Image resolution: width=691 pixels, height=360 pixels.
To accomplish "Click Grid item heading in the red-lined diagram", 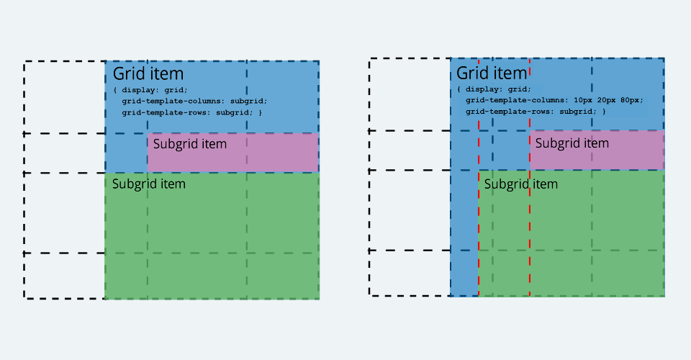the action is point(492,73).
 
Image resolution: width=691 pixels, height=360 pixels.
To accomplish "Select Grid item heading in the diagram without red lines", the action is point(148,73).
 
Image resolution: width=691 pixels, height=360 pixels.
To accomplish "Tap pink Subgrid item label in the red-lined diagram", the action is point(572,143).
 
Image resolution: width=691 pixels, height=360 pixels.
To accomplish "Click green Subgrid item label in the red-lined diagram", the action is point(521,184).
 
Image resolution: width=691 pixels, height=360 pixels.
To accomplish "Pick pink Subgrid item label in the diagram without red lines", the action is point(190,144).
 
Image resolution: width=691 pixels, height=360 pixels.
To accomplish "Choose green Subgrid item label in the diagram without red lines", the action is point(148,184).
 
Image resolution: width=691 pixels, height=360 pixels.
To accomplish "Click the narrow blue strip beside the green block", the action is point(464,233).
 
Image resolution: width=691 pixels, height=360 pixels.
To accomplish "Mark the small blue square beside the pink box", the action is point(127,153).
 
